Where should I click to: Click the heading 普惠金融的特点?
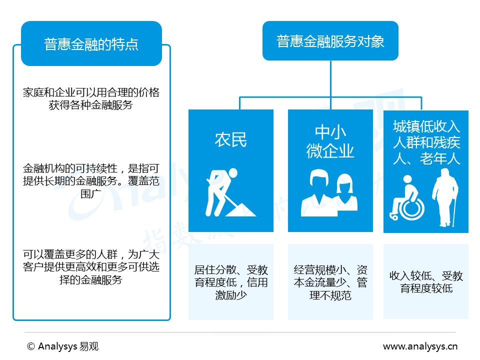point(91,44)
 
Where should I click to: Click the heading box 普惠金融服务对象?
point(330,41)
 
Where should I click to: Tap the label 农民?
point(230,139)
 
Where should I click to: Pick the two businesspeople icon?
point(330,192)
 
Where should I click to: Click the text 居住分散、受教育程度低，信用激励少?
point(230,282)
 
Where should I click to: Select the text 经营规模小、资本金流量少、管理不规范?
point(330,282)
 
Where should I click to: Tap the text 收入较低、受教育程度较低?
point(426,282)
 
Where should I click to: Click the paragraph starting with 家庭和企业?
point(91,98)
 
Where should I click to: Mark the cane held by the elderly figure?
point(454,210)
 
